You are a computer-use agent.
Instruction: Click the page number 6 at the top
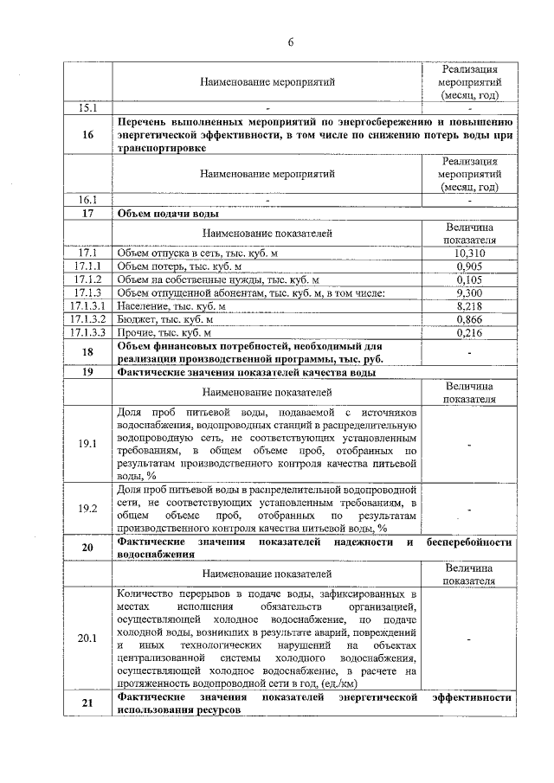pos(291,42)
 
